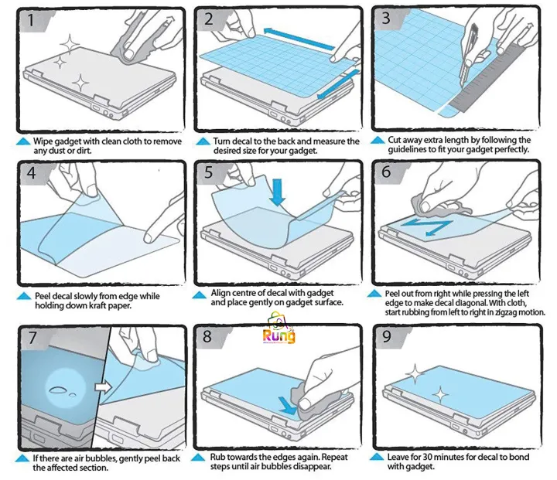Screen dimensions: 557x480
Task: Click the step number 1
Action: (31, 19)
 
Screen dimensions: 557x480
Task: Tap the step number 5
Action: (209, 172)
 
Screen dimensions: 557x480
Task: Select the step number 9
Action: (388, 336)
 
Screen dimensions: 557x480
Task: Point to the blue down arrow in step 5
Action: (277, 192)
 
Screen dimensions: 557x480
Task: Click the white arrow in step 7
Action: (104, 386)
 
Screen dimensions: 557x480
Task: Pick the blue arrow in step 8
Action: (287, 406)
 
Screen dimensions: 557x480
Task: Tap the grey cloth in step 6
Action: (439, 206)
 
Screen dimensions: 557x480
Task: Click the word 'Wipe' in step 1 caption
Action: (43, 141)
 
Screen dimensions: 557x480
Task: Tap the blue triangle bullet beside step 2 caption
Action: (203, 141)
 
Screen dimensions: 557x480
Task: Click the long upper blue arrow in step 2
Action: (299, 39)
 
